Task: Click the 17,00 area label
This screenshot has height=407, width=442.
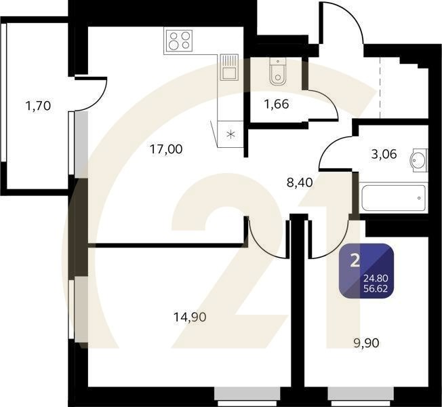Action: pos(166,149)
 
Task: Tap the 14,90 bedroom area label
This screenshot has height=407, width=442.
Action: pos(189,316)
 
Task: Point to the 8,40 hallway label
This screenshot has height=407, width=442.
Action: pos(300,182)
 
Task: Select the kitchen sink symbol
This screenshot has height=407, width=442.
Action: pos(228,68)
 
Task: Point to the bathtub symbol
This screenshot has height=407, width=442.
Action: pos(393,197)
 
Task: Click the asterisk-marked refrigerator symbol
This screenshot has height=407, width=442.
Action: pos(230,133)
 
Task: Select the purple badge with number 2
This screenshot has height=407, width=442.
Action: pos(367,271)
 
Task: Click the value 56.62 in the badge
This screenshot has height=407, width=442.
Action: pos(378,287)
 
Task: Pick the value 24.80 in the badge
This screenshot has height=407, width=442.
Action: pos(378,277)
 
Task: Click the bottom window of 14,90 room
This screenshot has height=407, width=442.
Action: pos(247,393)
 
